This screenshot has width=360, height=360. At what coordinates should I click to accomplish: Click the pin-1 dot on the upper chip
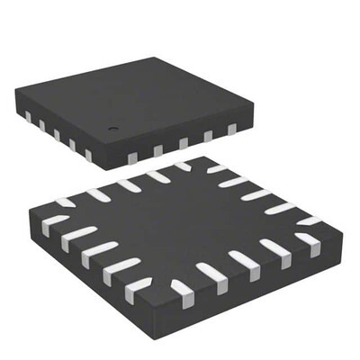pyautogui.click(x=114, y=130)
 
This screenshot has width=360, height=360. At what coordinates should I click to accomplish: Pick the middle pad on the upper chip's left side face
pyautogui.click(x=56, y=134)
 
